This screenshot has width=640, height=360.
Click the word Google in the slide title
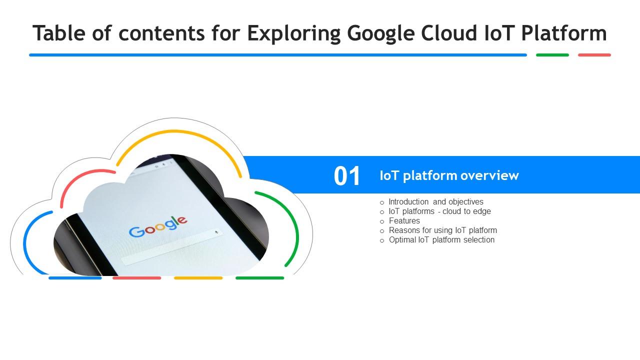point(380,33)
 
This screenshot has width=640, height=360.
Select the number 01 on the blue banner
point(347,176)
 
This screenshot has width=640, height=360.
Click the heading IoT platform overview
point(449,175)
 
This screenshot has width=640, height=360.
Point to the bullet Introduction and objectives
point(435,202)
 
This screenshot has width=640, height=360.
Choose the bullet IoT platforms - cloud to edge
point(439,211)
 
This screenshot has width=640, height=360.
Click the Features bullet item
point(404,221)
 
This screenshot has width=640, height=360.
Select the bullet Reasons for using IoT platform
point(442,230)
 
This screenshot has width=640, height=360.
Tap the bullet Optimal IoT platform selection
point(441,240)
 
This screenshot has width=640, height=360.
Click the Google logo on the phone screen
point(158,226)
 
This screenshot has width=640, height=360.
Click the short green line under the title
point(552,55)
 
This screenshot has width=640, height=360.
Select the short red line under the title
point(594,55)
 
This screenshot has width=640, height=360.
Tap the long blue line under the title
point(277,55)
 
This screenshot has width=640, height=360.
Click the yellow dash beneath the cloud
point(198,278)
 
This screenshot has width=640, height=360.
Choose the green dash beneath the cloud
point(259,278)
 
